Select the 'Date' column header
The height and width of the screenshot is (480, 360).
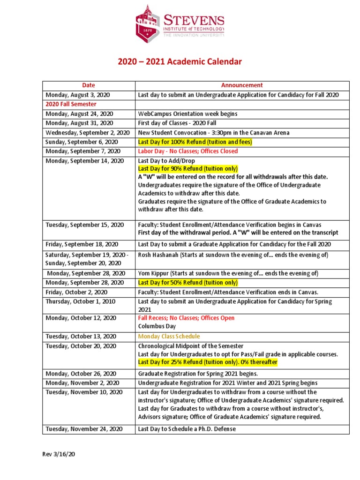(89, 85)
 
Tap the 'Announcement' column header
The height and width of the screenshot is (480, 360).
(242, 85)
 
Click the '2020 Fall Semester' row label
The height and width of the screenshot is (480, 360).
(71, 104)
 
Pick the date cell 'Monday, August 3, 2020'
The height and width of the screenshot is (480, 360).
(77, 95)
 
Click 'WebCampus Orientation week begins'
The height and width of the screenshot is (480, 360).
(187, 114)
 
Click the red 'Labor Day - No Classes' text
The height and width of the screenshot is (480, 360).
(188, 151)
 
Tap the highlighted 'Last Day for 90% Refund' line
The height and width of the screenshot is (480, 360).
(188, 169)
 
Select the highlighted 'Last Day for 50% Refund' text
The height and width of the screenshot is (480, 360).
(188, 283)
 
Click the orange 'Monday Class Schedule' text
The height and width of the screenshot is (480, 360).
(169, 337)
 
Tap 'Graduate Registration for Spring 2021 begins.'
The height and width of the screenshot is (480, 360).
(198, 374)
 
